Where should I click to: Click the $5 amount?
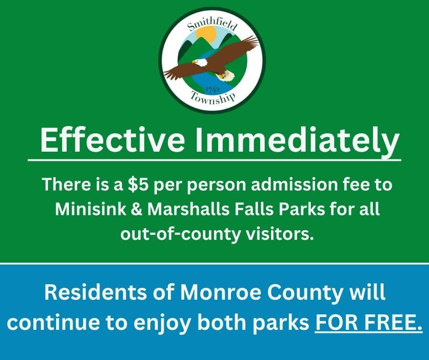[137, 185]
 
